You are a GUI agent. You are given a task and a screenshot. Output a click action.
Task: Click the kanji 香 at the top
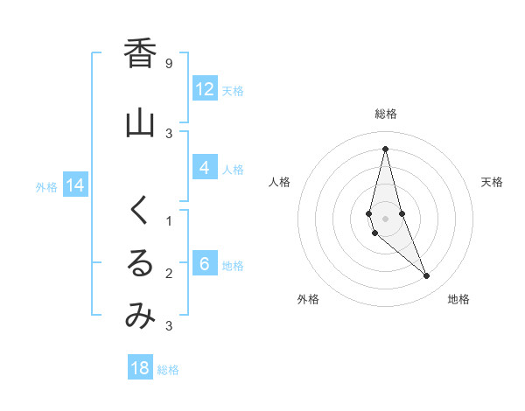(x=140, y=53)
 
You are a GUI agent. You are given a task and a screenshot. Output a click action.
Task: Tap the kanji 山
(x=140, y=122)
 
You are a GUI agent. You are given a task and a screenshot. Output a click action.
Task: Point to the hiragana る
(x=140, y=263)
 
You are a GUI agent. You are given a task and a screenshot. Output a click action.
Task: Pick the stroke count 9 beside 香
(x=169, y=64)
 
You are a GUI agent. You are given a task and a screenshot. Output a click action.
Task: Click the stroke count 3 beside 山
(x=169, y=133)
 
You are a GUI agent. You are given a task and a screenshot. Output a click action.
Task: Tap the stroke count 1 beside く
(x=169, y=221)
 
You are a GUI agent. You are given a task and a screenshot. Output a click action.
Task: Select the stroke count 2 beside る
(x=169, y=274)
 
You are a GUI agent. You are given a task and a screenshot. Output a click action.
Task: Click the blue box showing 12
(x=205, y=89)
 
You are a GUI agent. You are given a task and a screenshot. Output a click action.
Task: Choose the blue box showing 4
(x=205, y=168)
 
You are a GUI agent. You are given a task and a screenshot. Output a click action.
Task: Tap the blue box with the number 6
(x=205, y=264)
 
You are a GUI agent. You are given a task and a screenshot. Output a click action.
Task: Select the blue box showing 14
(x=75, y=185)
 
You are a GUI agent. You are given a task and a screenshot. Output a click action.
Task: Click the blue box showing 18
(x=140, y=368)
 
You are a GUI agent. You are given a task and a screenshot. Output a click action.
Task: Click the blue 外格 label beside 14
(x=46, y=186)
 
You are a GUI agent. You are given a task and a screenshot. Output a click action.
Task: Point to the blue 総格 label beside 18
(x=168, y=370)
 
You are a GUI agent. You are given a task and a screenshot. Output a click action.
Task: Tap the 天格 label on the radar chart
(x=492, y=182)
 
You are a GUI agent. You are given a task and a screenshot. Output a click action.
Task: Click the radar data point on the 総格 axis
(x=385, y=148)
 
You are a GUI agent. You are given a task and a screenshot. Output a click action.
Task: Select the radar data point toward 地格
(x=427, y=276)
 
